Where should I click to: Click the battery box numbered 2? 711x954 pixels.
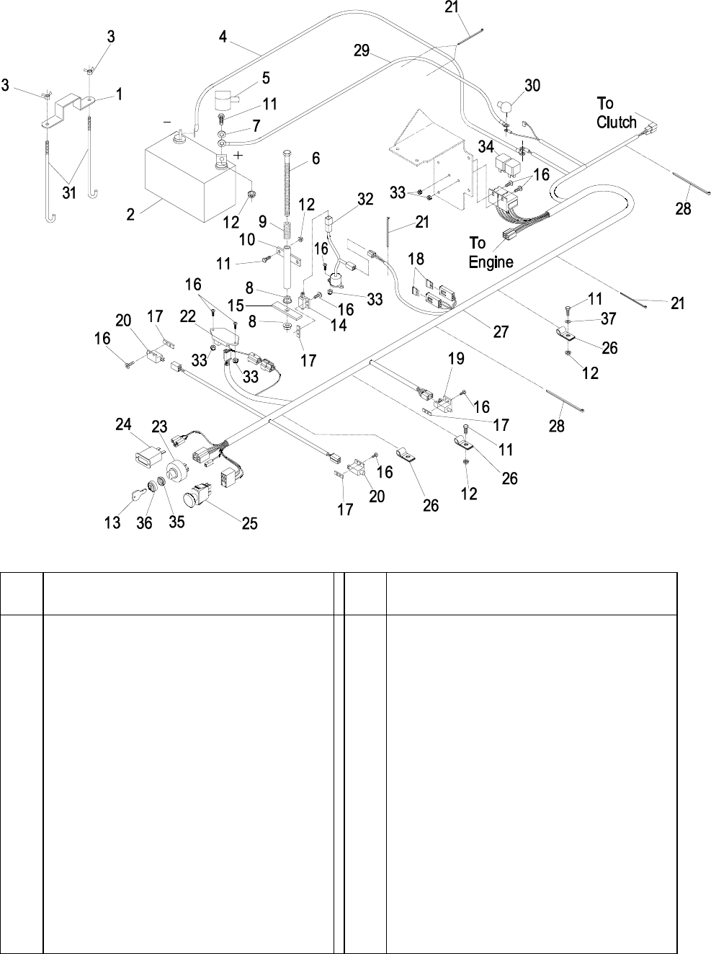[184, 180]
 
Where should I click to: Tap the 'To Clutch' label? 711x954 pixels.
[616, 113]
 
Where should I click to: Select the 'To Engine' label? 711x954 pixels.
[491, 252]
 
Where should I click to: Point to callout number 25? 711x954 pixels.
[249, 524]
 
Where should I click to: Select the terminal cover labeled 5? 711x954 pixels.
[228, 98]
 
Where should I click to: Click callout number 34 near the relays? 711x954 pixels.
[486, 146]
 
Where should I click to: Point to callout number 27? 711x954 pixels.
[501, 332]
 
